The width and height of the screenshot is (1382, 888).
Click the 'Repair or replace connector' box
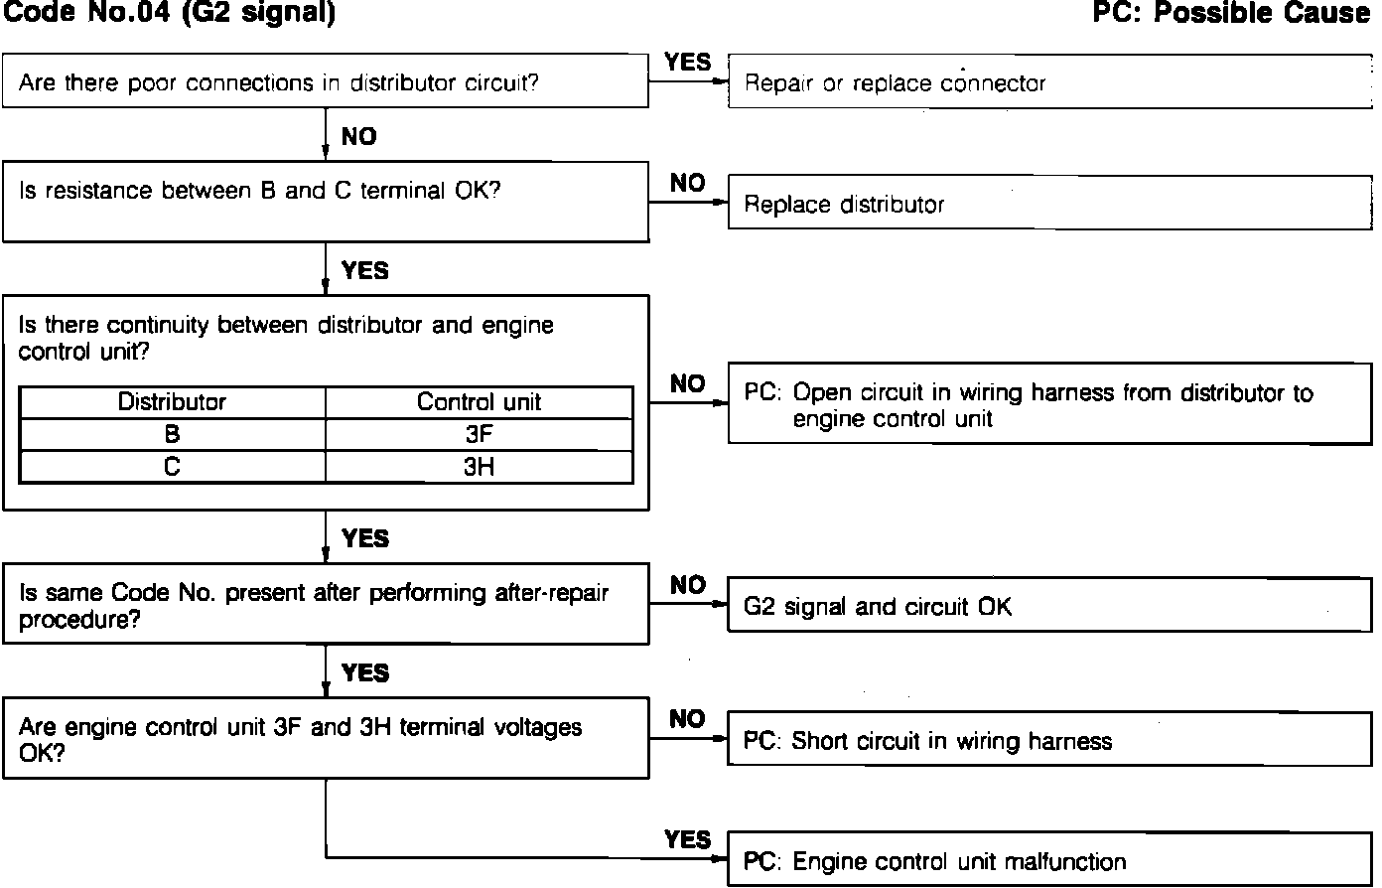click(1049, 82)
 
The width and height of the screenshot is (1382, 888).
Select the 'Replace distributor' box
click(1049, 205)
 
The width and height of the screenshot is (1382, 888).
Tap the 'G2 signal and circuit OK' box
click(1049, 606)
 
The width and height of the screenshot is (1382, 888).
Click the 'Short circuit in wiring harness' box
click(1049, 741)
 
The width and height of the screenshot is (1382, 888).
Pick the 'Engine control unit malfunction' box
click(1049, 861)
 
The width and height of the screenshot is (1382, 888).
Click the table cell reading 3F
click(479, 435)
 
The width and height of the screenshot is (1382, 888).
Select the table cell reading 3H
click(479, 467)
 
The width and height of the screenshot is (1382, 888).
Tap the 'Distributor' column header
click(172, 402)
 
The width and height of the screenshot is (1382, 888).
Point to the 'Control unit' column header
click(479, 402)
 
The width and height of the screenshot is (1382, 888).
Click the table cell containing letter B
click(172, 435)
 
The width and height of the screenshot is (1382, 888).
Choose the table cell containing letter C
click(172, 467)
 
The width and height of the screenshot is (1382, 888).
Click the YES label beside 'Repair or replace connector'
click(688, 63)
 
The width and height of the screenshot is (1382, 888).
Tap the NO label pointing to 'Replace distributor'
click(688, 184)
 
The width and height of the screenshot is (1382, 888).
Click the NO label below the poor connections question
click(359, 137)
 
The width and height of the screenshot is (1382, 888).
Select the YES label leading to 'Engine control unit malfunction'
click(688, 840)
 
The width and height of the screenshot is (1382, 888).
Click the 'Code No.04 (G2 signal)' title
click(170, 13)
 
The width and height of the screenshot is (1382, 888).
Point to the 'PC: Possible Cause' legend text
click(1230, 13)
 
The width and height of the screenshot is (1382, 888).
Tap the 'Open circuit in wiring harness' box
click(1049, 404)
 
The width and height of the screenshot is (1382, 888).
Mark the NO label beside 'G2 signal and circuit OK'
click(688, 586)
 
